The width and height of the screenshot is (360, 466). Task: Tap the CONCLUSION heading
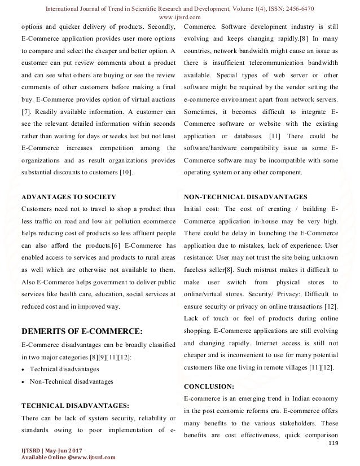210,386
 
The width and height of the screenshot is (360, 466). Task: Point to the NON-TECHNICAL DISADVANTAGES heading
245,197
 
